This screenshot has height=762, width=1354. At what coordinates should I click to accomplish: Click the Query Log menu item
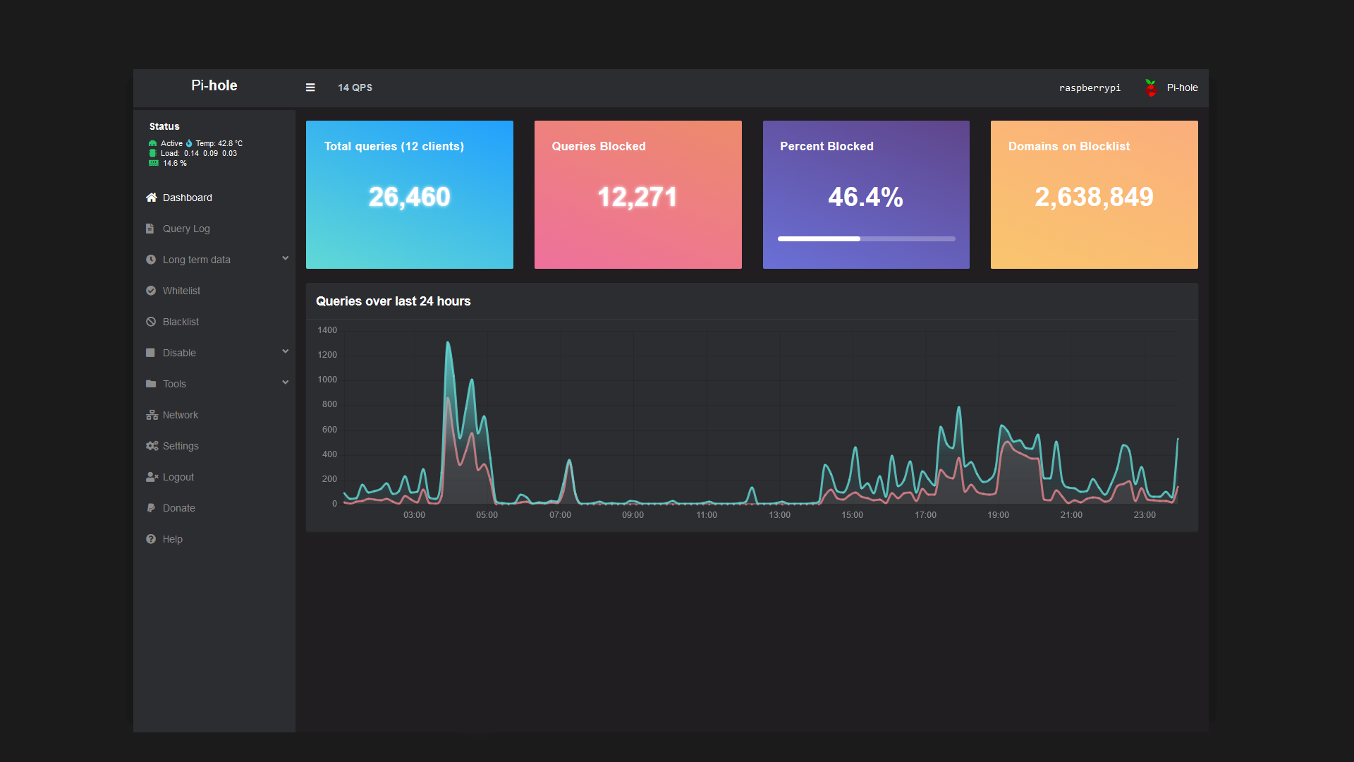tap(186, 229)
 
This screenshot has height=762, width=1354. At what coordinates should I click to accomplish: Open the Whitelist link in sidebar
tap(181, 291)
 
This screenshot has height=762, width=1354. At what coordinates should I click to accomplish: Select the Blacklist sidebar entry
tap(181, 322)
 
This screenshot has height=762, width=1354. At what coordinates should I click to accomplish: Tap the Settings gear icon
tap(152, 446)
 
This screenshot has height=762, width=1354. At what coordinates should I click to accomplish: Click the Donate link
tap(178, 508)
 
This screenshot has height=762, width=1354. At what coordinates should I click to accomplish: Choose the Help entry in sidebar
tap(172, 539)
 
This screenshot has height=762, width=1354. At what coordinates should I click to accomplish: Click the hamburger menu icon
tap(310, 87)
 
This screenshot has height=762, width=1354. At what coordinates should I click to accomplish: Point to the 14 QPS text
tap(355, 87)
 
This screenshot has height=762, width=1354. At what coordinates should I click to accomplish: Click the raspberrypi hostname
tap(1090, 88)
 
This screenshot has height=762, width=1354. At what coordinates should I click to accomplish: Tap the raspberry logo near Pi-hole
tap(1151, 88)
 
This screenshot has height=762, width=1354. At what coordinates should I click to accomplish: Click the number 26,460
tap(409, 197)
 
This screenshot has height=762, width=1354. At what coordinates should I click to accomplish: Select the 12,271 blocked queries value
tap(638, 197)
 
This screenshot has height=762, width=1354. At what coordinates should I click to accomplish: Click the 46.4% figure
tap(865, 197)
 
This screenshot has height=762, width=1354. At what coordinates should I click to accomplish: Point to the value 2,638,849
tap(1094, 197)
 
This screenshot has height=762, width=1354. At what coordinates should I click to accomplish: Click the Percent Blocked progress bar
tap(866, 239)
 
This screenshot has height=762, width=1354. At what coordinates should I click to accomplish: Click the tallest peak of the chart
tap(448, 344)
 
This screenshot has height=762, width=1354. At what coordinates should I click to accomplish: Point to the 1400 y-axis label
tap(327, 330)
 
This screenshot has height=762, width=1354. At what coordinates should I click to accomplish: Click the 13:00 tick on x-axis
tap(779, 515)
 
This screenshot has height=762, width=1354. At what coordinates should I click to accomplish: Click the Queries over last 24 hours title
tap(393, 301)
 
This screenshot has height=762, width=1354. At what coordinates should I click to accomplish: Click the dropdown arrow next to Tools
tap(286, 382)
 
